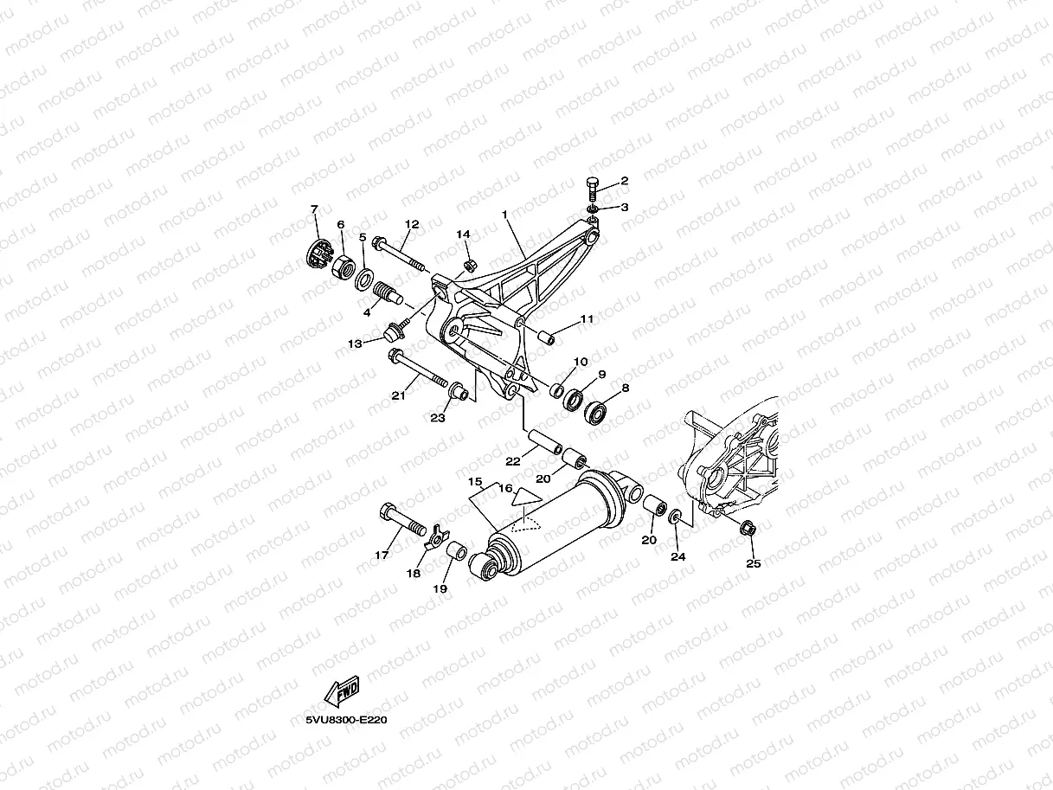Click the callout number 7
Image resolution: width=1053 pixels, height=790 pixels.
[314, 209]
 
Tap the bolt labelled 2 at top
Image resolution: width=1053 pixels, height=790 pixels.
[592, 190]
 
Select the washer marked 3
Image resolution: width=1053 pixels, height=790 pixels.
[593, 209]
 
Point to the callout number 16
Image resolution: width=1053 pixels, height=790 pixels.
[504, 489]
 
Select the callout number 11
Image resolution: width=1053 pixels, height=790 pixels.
[587, 319]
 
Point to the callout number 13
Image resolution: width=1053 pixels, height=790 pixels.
[355, 344]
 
